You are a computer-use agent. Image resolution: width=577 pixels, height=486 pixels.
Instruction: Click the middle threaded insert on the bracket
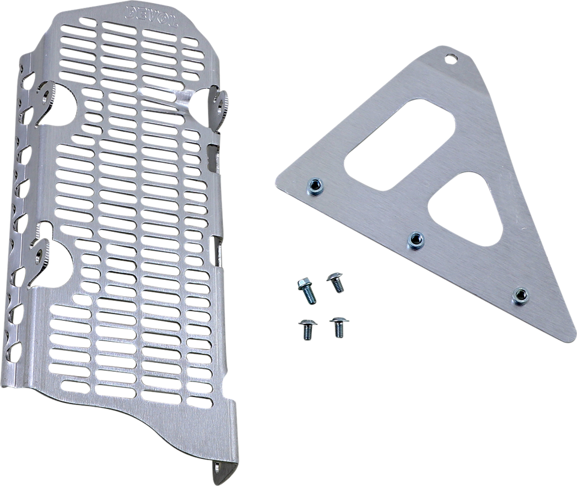(x=413, y=241)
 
